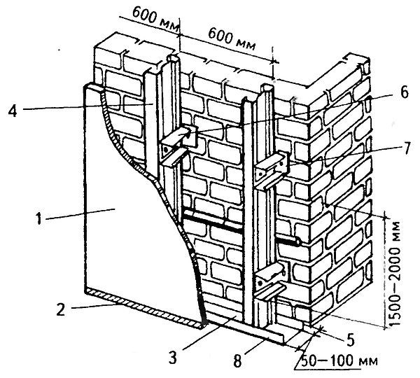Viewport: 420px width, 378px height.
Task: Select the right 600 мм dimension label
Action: (x=228, y=43)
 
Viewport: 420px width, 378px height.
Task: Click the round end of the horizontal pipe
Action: (x=300, y=241)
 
